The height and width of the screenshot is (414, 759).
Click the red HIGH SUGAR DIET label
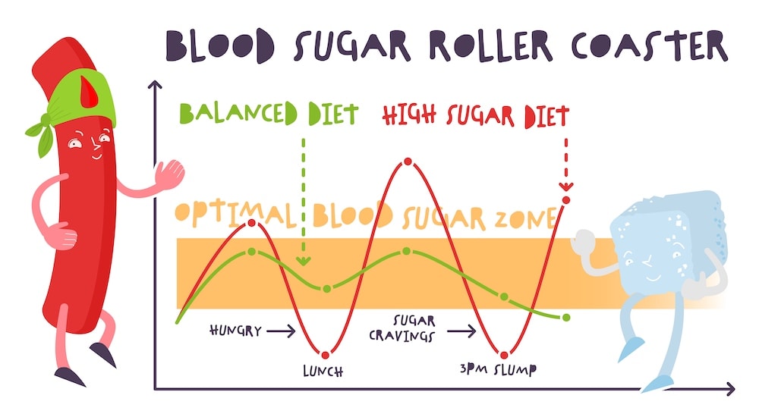pyautogui.click(x=475, y=116)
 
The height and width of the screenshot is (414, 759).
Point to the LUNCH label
pyautogui.click(x=323, y=372)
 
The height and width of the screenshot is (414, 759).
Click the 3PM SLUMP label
pyautogui.click(x=498, y=371)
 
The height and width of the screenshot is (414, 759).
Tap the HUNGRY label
pyautogui.click(x=235, y=331)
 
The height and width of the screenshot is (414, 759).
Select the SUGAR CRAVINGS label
pyautogui.click(x=413, y=328)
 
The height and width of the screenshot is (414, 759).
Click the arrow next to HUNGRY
pyautogui.click(x=281, y=331)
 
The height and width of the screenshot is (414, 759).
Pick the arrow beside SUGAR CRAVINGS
pyautogui.click(x=461, y=331)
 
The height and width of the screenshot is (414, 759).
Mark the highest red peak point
pyautogui.click(x=408, y=162)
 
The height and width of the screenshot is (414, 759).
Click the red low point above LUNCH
pyautogui.click(x=326, y=354)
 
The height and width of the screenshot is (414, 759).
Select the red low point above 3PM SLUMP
pyautogui.click(x=503, y=354)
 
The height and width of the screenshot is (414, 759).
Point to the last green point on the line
pyautogui.click(x=566, y=317)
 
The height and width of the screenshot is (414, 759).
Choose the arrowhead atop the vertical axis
pyautogui.click(x=155, y=84)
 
